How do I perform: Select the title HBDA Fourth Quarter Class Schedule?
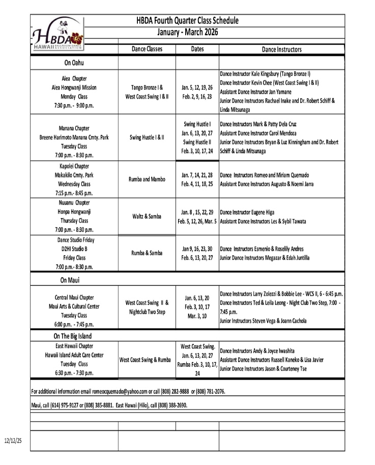click(x=187, y=21)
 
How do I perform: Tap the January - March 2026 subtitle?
click(x=187, y=32)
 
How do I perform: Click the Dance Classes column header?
click(x=147, y=49)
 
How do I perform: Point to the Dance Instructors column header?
click(x=281, y=49)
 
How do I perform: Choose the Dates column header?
click(x=197, y=49)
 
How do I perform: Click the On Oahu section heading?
click(x=74, y=63)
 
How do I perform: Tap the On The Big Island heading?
click(x=73, y=336)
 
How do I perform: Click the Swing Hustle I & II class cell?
click(x=147, y=137)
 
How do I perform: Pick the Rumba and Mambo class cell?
click(x=147, y=179)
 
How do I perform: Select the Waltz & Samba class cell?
click(x=147, y=216)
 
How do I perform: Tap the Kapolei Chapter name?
click(x=74, y=166)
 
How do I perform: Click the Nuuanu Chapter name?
click(x=74, y=202)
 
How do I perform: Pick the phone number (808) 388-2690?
click(x=172, y=405)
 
